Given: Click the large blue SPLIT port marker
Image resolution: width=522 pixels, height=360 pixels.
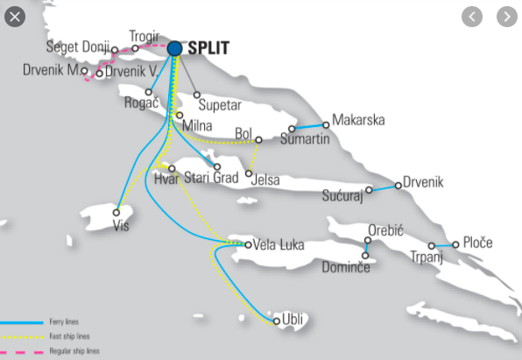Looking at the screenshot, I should pos(174,49).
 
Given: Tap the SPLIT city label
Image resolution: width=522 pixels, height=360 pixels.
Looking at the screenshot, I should pos(208,49).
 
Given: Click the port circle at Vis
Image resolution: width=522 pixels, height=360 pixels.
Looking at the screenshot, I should pos(116,212).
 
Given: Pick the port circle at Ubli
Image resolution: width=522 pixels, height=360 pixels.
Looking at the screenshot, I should pos(277,321).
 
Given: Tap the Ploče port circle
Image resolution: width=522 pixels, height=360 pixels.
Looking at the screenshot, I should pos(455,244).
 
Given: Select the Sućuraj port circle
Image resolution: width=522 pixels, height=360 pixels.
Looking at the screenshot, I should pos(369,189).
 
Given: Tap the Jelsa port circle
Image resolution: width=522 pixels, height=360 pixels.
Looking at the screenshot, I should pos(250,173).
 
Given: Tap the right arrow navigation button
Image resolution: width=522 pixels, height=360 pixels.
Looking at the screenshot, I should pos(506,16).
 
